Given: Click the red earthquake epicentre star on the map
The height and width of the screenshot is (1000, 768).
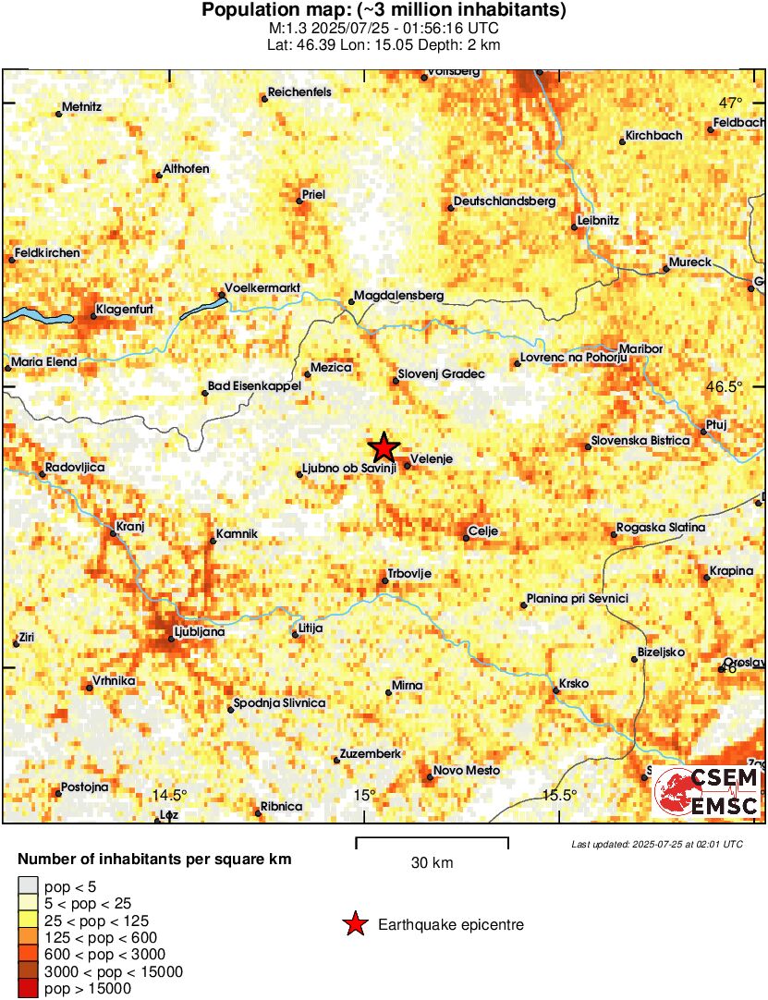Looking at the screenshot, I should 384,447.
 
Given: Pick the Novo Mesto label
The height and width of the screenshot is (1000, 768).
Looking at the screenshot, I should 467,771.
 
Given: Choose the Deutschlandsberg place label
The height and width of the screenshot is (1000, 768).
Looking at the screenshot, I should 505,201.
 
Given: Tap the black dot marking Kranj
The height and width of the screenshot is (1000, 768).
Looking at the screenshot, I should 113,533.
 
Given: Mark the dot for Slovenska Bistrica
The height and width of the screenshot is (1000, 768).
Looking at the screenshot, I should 588,447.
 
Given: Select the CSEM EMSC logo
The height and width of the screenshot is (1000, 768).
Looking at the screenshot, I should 707,791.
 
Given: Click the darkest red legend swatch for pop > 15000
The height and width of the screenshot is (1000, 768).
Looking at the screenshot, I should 29,988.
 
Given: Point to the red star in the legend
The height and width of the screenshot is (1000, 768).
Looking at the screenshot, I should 354,924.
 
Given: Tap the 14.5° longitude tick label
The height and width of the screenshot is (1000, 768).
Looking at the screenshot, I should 169,795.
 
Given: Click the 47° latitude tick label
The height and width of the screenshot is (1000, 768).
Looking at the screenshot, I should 732,103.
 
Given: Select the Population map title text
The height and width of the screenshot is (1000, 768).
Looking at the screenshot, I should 384,11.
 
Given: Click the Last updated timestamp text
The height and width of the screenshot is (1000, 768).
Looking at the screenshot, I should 656,844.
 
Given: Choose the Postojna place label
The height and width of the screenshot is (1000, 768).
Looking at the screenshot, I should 84,787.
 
